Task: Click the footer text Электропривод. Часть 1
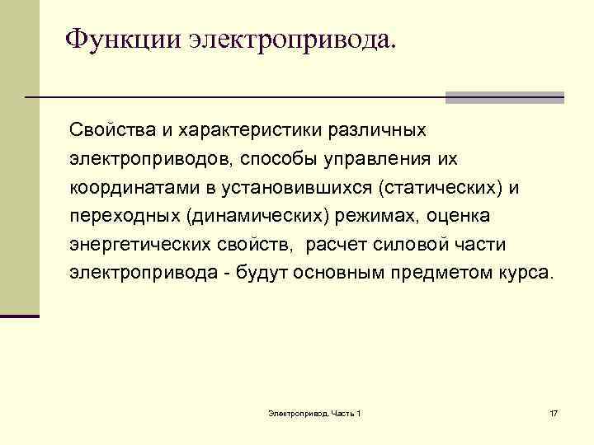click(315, 412)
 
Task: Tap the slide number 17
click(553, 412)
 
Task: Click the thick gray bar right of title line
click(504, 97)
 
